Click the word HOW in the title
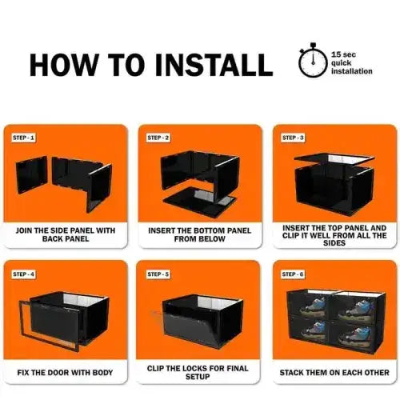pos(66,65)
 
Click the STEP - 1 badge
pos(23,138)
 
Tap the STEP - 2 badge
pos(158,138)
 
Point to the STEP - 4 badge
pos(23,274)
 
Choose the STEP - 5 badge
pos(158,274)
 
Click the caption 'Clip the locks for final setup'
pos(199,373)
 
